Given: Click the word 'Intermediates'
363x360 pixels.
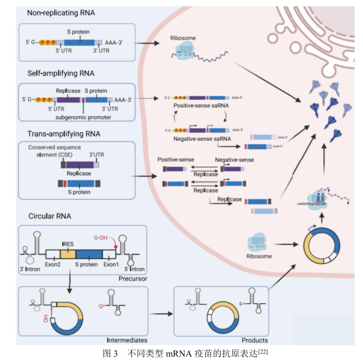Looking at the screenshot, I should (x=126, y=339).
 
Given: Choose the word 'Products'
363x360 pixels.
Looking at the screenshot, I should (x=254, y=339).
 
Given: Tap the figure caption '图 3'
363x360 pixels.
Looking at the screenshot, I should (x=112, y=352).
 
